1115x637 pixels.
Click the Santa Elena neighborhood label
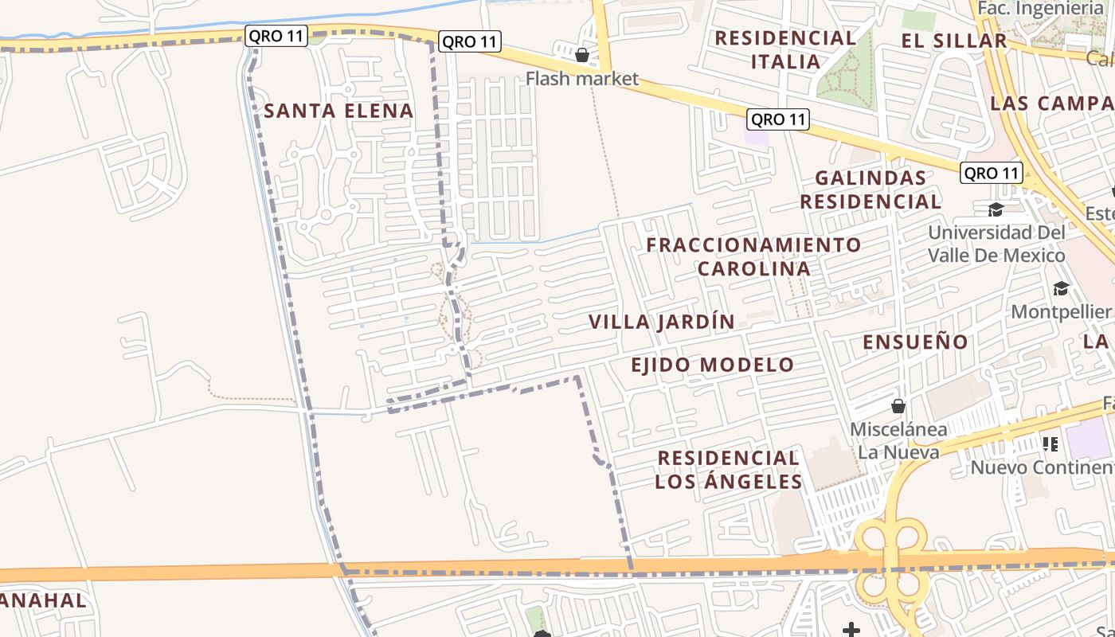pyautogui.click(x=338, y=111)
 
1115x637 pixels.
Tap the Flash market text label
pyautogui.click(x=582, y=78)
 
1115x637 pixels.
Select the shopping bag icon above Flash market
pyautogui.click(x=582, y=55)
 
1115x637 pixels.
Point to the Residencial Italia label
pyautogui.click(x=785, y=49)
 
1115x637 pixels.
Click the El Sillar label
pyautogui.click(x=954, y=41)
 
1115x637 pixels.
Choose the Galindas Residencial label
pyautogui.click(x=870, y=190)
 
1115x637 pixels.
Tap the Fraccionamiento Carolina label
pyautogui.click(x=753, y=256)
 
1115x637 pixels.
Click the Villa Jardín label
pyautogui.click(x=661, y=322)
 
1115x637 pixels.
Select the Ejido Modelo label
pyautogui.click(x=712, y=365)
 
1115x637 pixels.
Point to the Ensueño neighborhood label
pyautogui.click(x=916, y=342)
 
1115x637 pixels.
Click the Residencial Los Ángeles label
pyautogui.click(x=728, y=470)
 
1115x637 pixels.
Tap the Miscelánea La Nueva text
pyautogui.click(x=898, y=441)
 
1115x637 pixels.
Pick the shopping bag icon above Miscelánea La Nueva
pyautogui.click(x=898, y=407)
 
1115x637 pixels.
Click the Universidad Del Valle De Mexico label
pyautogui.click(x=996, y=244)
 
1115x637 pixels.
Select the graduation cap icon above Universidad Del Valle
pyautogui.click(x=996, y=209)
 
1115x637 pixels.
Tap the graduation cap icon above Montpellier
pyautogui.click(x=1061, y=288)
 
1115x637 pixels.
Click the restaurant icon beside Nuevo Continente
pyautogui.click(x=1050, y=444)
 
